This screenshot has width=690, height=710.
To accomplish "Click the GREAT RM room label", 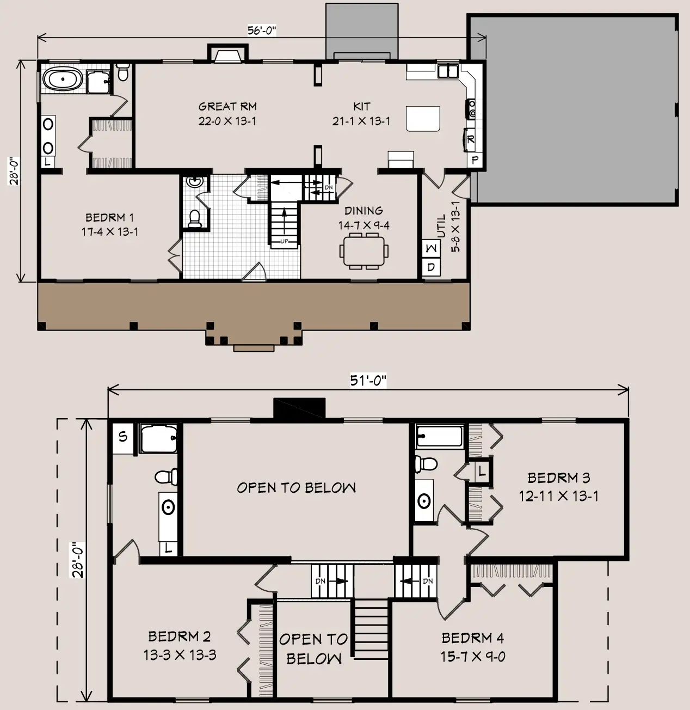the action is point(227,107).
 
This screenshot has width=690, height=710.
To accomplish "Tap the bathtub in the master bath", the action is point(63,79).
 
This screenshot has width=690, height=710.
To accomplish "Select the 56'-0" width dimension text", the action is point(262,30).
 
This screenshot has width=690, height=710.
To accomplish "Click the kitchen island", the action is point(423,119).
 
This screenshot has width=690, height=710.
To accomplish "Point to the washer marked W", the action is point(431,248).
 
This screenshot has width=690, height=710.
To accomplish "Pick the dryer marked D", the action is point(431,267).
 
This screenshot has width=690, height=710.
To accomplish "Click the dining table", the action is point(364,252).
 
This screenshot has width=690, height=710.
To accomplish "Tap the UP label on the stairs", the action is point(284,241).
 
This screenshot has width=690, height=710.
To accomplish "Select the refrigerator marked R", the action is point(471,139).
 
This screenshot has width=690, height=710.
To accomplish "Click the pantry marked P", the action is point(475,160).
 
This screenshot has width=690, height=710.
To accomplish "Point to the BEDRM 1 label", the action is point(109,218).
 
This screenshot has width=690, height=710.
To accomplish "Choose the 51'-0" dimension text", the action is point(368,381).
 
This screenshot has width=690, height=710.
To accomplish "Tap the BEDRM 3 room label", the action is point(559,478).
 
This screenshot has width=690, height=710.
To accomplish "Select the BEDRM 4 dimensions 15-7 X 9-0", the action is point(473,657).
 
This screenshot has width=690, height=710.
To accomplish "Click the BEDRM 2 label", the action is point(180,636).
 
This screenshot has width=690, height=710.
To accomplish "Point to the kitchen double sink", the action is point(448,71).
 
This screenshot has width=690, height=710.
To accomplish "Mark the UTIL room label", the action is point(441,226).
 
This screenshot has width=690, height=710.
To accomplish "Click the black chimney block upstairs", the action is point(299,408).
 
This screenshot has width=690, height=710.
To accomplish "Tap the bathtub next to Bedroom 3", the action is point(440,436).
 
